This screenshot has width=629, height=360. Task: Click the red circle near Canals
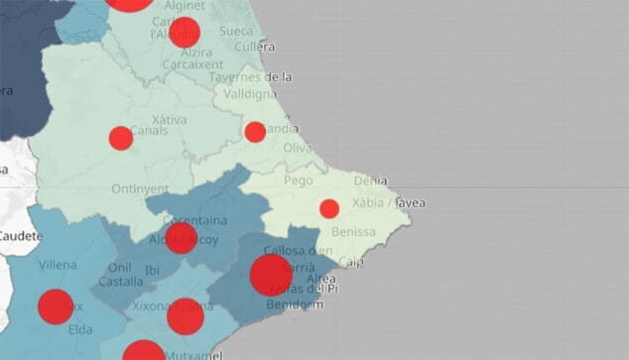click(x=121, y=138)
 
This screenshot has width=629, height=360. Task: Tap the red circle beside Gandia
click(x=255, y=132)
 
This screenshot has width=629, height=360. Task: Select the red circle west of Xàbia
click(x=329, y=208)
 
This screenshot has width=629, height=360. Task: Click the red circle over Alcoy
click(x=181, y=238)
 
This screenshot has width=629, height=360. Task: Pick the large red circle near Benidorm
click(x=271, y=275)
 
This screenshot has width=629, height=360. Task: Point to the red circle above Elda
click(x=56, y=307)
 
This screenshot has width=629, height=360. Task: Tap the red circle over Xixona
click(x=186, y=315)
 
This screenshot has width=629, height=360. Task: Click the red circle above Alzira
click(x=185, y=33)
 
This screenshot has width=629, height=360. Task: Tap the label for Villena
click(x=57, y=265)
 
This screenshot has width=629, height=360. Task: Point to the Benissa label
click(x=356, y=231)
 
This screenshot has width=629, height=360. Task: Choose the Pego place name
click(x=298, y=181)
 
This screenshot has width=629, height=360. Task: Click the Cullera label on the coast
click(x=255, y=47)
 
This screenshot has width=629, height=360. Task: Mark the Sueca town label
click(x=236, y=31)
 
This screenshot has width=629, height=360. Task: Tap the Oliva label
click(x=298, y=148)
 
